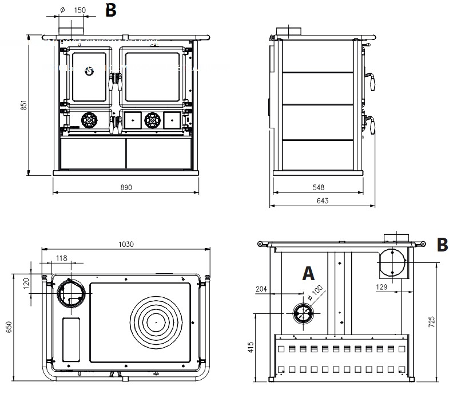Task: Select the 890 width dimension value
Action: pyautogui.click(x=126, y=187)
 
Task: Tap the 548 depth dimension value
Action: pyautogui.click(x=319, y=187)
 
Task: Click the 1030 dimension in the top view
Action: pyautogui.click(x=126, y=244)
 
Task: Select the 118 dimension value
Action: pyautogui.click(x=62, y=258)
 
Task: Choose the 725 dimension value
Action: pyautogui.click(x=432, y=323)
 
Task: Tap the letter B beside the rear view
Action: pyautogui.click(x=442, y=245)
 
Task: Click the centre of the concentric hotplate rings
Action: pyautogui.click(x=156, y=322)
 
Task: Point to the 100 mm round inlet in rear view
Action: pyautogui.click(x=303, y=313)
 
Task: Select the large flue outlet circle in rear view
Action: pyautogui.click(x=392, y=262)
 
